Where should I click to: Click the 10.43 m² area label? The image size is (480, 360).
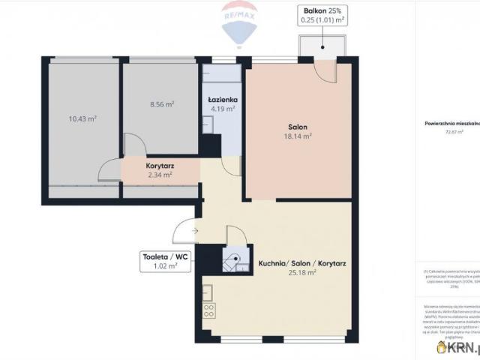[x=82, y=118]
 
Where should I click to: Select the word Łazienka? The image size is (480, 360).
[x=223, y=99]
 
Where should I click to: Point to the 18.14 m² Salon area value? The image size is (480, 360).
[x=298, y=136]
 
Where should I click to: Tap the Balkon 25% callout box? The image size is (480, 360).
[x=322, y=15]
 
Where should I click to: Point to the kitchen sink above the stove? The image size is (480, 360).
[x=207, y=292]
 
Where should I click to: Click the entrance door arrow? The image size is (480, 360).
[x=193, y=231]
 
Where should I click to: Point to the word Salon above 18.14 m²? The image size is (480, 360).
[x=298, y=127]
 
